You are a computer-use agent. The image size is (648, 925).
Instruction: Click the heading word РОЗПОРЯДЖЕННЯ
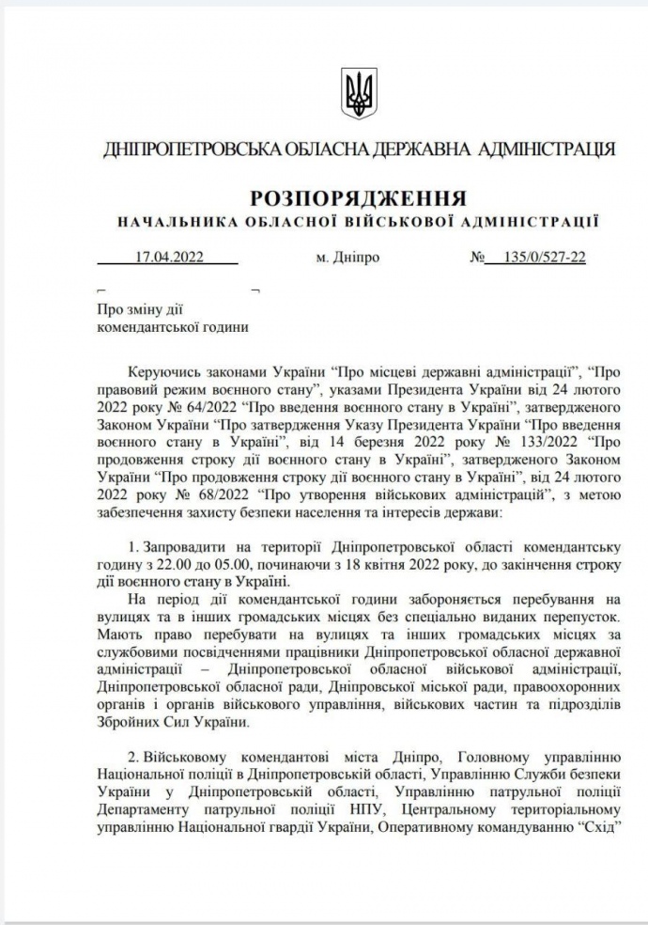click(359, 198)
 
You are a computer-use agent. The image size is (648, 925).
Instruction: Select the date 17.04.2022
click(170, 257)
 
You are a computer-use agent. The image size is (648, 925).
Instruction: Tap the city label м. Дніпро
click(348, 257)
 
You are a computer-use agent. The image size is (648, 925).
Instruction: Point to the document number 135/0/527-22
click(545, 257)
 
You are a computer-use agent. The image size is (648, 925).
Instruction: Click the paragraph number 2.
click(131, 758)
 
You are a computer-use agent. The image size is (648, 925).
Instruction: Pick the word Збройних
click(131, 722)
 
